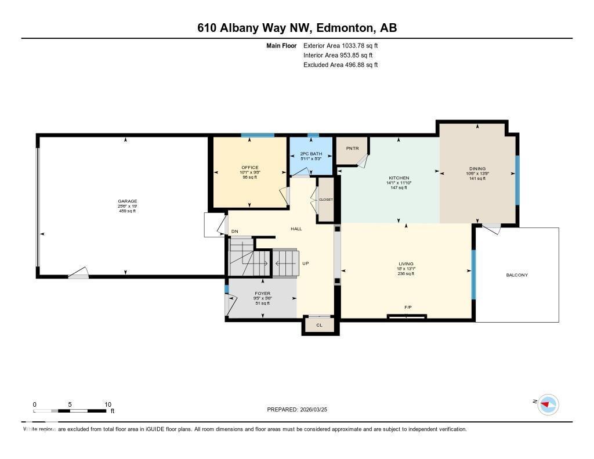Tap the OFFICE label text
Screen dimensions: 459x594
[x=250, y=167]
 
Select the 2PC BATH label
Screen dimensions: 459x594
[x=311, y=154]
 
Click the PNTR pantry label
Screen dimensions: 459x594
[x=353, y=149]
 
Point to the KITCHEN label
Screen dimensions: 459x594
[x=399, y=178]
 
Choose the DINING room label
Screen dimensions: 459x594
[x=477, y=169]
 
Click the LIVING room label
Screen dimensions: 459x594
[x=406, y=264]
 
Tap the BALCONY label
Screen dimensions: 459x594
[x=517, y=275]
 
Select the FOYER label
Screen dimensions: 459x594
[x=263, y=294]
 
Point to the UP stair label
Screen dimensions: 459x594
[x=305, y=263]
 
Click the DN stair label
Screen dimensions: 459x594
[x=235, y=232]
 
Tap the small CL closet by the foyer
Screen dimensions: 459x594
[x=319, y=326]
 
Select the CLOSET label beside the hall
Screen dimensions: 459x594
[x=326, y=200]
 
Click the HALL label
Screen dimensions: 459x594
[x=296, y=229]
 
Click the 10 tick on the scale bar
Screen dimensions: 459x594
[x=107, y=404]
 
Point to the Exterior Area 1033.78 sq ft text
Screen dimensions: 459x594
[x=341, y=45]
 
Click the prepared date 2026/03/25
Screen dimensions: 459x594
[x=318, y=410]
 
